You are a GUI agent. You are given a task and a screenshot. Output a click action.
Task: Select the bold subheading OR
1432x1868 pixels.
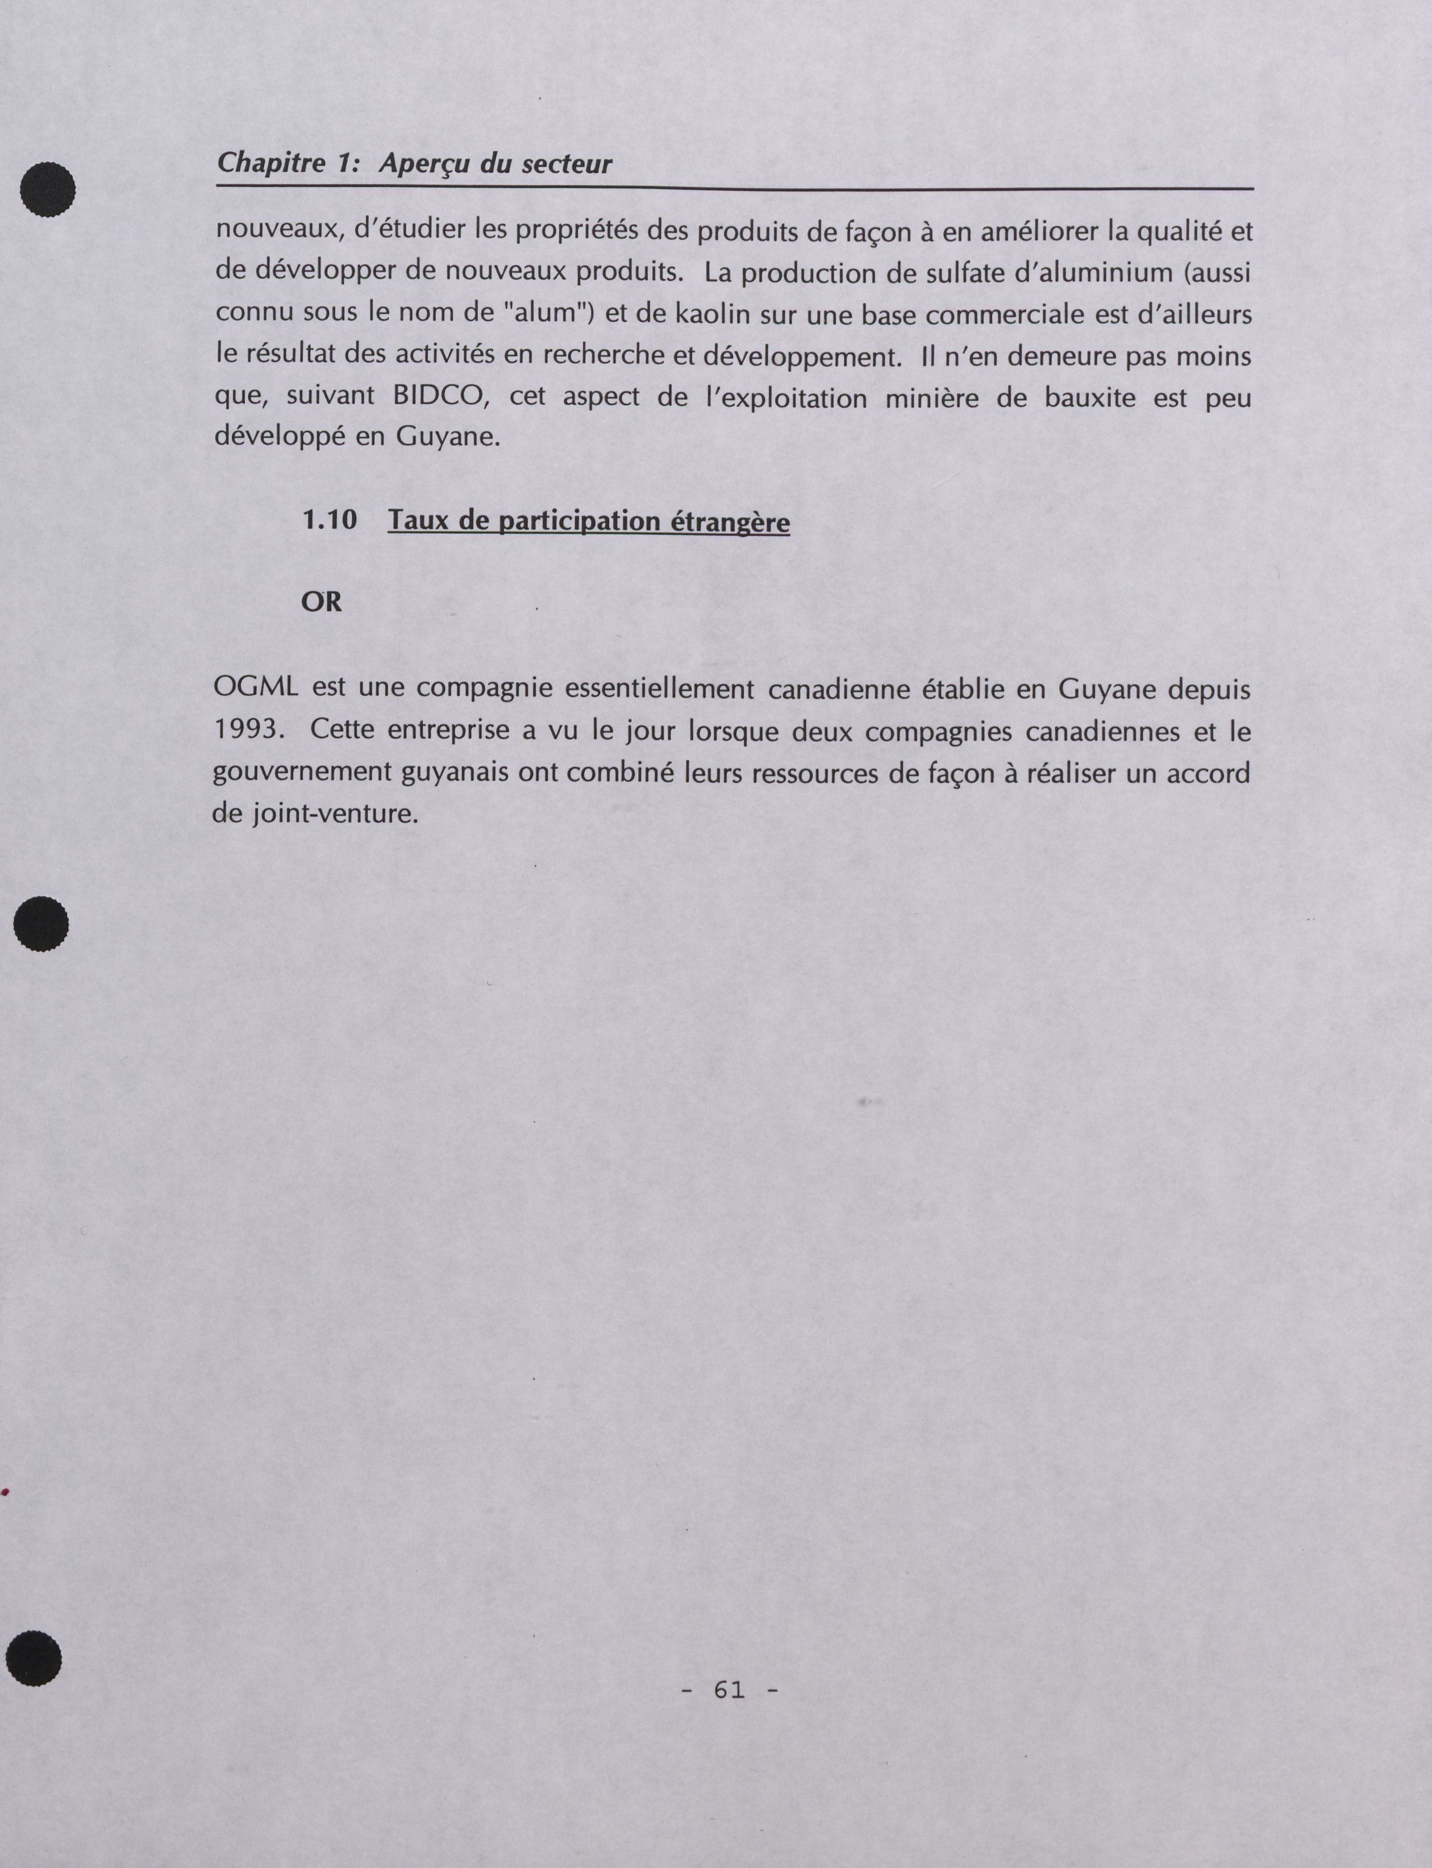tap(322, 602)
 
